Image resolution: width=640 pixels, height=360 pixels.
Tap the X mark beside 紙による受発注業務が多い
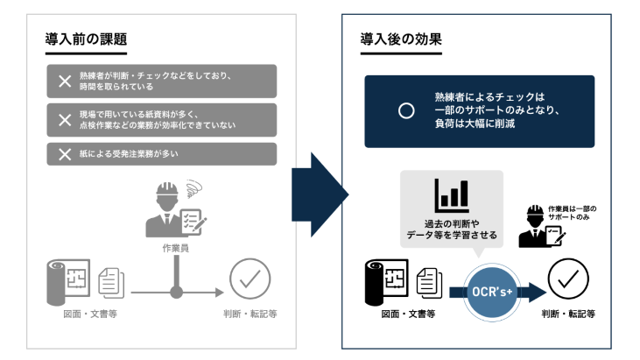tap(64, 154)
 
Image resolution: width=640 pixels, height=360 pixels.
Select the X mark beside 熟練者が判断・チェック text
tap(64, 81)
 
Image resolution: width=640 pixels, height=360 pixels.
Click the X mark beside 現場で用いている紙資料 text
tap(64, 120)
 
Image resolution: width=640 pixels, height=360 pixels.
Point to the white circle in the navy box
tap(405, 111)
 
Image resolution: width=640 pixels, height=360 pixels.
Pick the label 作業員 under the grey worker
tap(176, 249)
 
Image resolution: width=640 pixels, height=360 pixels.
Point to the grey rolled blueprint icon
tap(66, 282)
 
